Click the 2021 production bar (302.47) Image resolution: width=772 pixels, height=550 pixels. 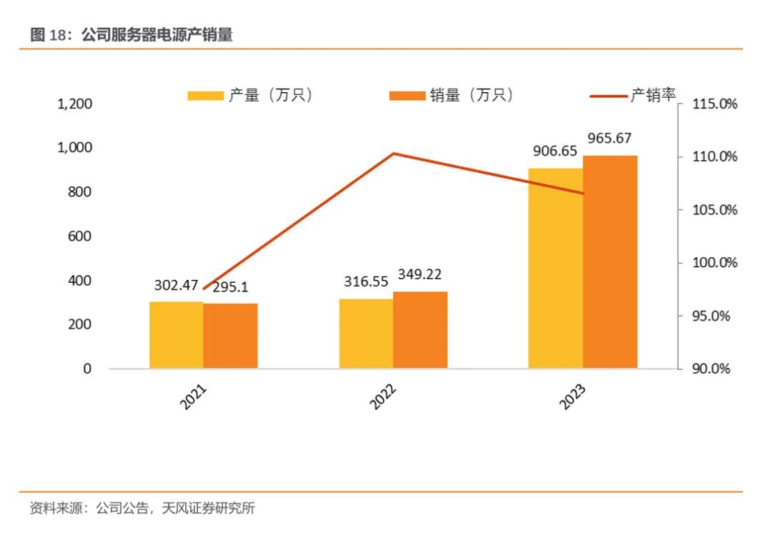pos(176,335)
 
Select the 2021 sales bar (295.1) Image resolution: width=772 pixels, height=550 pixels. pos(230,336)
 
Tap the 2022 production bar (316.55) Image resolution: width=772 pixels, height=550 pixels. pos(366,334)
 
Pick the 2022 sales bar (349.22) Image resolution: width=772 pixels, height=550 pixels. pos(420,330)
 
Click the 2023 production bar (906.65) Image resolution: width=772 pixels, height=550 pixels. pos(555,269)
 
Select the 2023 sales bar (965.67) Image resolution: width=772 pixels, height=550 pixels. pos(610,262)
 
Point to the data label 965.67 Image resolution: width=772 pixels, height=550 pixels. pos(609,138)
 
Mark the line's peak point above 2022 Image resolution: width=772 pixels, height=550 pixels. pos(393,154)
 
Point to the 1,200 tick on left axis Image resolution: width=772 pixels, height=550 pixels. pos(74,104)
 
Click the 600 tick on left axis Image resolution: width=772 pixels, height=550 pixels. pos(81,236)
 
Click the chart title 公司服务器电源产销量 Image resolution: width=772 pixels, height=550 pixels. pos(157,35)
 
